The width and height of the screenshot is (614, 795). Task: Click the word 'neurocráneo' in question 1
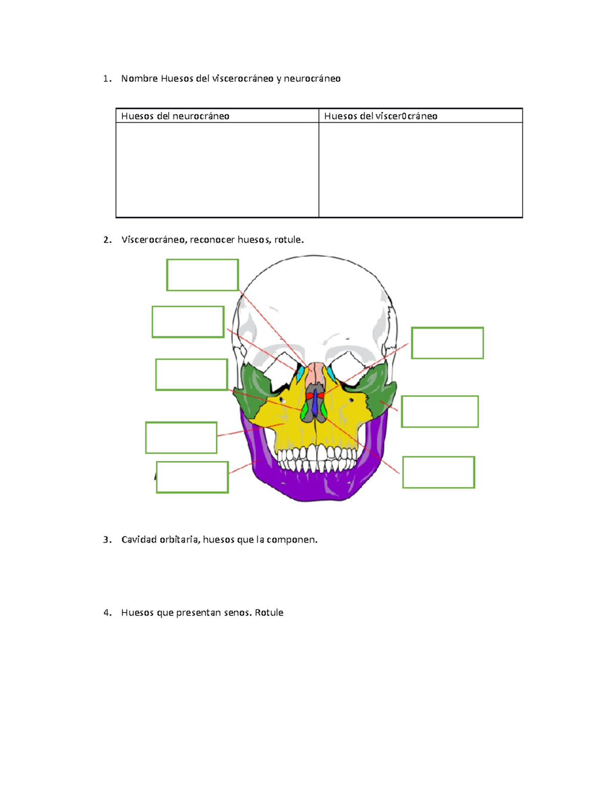[x=312, y=78]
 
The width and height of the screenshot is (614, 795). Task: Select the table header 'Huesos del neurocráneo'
[x=175, y=116]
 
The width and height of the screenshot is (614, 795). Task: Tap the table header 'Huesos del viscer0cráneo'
[x=380, y=116]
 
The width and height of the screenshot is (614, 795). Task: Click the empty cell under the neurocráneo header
[x=217, y=169]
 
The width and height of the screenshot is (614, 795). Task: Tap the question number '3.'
[x=107, y=540]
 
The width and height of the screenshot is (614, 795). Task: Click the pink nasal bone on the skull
[x=315, y=374]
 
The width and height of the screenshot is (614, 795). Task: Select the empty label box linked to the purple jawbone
[x=192, y=477]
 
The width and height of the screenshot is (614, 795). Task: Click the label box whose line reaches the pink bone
[x=202, y=275]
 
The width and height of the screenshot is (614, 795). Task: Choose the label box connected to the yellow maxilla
[x=181, y=438]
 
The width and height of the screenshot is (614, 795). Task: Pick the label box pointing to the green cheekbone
[x=440, y=412]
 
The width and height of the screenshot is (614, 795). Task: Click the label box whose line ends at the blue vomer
[x=438, y=472]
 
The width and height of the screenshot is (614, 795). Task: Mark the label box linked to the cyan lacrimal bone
[x=188, y=322]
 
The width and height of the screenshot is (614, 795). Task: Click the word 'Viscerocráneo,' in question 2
[x=153, y=240]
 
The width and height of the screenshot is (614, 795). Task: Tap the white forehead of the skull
[x=313, y=297]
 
